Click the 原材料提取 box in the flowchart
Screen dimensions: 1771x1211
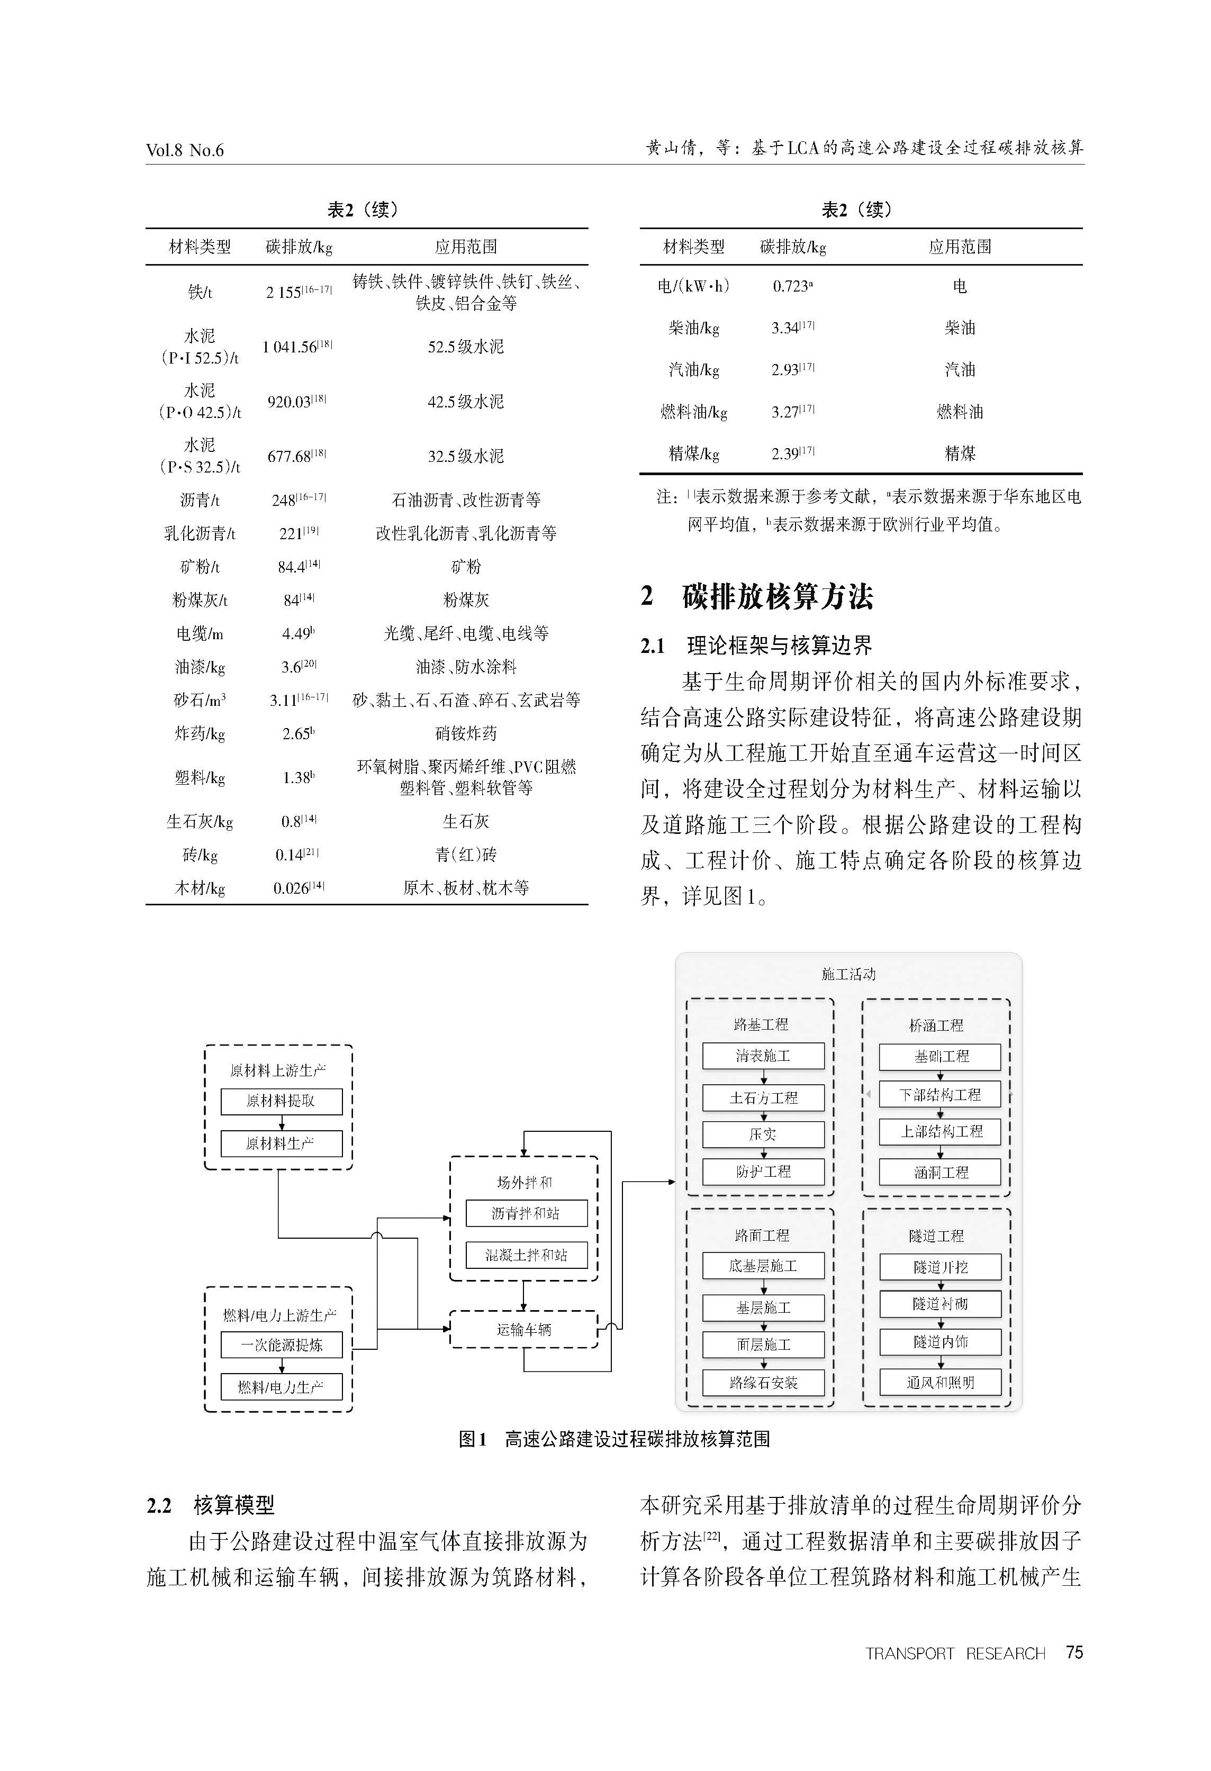point(281,1101)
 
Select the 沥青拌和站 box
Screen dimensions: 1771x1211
point(526,1213)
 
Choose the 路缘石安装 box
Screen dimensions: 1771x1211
point(763,1383)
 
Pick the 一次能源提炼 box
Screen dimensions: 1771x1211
point(281,1345)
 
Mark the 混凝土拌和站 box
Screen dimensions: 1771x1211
point(526,1255)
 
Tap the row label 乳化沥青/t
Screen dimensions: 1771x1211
point(200,533)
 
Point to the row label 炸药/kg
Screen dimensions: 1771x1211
point(200,734)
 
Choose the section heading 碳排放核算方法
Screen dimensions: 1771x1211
point(778,596)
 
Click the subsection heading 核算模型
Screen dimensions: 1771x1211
point(234,1505)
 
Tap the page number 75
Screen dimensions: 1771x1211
point(1074,1652)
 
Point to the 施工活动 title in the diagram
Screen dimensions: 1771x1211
point(848,974)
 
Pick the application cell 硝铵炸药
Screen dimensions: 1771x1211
point(466,734)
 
